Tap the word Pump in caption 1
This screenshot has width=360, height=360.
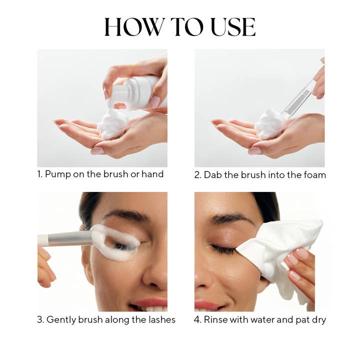coord(57,174)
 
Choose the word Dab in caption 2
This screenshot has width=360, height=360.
coord(212,174)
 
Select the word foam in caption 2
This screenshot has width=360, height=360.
coord(314,174)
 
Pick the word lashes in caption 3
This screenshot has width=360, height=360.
coord(160,319)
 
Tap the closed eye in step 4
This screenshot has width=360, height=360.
coord(223,248)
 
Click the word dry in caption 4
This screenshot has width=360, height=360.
coord(318,319)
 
